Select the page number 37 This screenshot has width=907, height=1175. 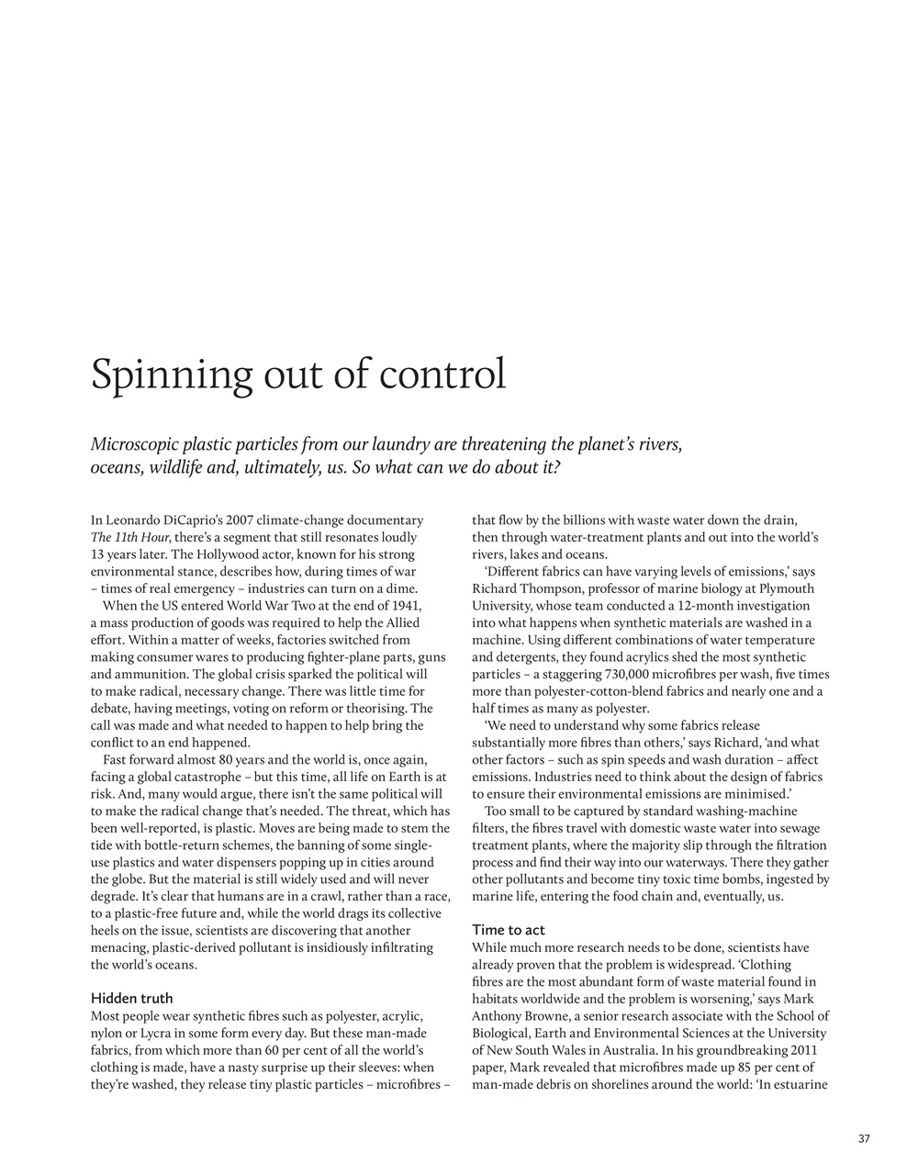pos(864,1139)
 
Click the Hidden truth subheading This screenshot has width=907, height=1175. pos(131,998)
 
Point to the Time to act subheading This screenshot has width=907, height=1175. pos(509,930)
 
